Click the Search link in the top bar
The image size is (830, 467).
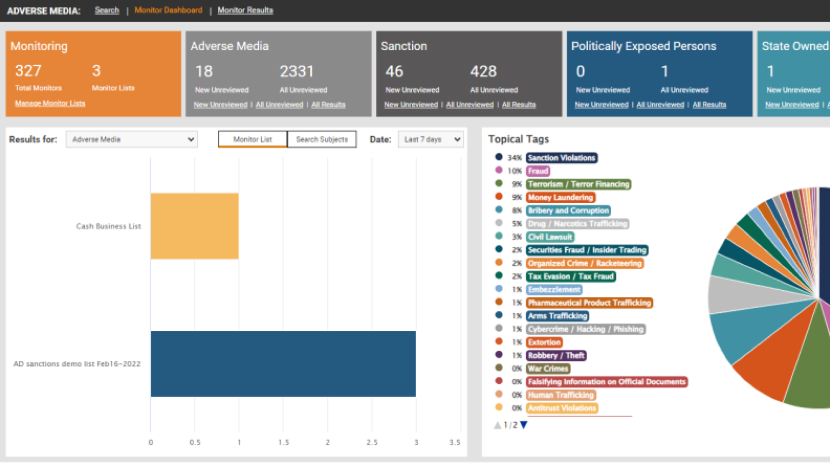[x=107, y=10]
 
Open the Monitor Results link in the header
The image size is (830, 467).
[x=245, y=10]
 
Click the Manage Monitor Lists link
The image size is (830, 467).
[x=50, y=103]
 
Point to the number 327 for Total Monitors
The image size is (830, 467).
[x=28, y=71]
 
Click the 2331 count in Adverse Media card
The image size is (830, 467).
[x=297, y=71]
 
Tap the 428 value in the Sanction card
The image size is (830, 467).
[x=483, y=71]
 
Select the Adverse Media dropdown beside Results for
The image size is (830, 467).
[x=132, y=139]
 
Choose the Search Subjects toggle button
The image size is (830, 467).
[x=322, y=139]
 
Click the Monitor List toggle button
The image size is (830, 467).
[x=252, y=139]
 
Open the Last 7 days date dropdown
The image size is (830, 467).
[x=431, y=139]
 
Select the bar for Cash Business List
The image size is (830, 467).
[x=195, y=226]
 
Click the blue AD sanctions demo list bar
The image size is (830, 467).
[x=283, y=364]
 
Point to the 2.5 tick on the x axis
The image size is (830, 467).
[x=372, y=442]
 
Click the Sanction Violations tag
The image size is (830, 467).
[x=561, y=158]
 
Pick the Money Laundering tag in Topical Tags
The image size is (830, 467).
[x=560, y=197]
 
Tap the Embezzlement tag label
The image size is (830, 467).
[x=554, y=290]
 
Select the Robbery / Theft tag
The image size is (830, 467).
[x=556, y=356]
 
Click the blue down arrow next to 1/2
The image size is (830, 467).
[x=524, y=425]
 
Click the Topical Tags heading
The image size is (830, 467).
[x=518, y=139]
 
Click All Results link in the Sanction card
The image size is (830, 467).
[x=519, y=105]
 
